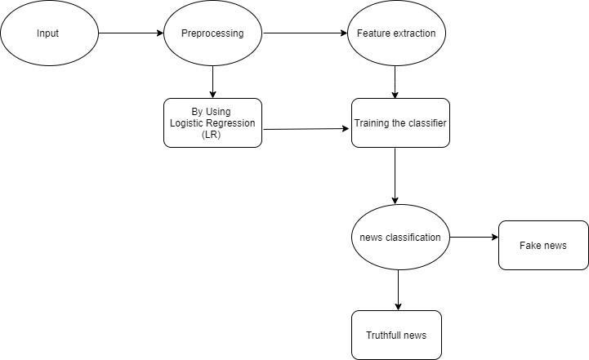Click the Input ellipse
point(50,33)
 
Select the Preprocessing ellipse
point(212,33)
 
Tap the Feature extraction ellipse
point(396,33)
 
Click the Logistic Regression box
point(212,122)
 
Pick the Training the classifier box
point(400,122)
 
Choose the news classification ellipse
point(400,238)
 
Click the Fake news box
point(543,245)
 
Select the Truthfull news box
point(396,335)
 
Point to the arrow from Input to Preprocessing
point(131,33)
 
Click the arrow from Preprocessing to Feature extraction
point(305,33)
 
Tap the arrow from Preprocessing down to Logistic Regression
point(212,82)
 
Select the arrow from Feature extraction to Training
point(395,82)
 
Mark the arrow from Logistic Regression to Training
point(306,129)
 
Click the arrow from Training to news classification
point(395,176)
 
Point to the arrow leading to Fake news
point(474,238)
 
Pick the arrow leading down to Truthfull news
point(398,290)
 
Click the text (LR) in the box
point(211,135)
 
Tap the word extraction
point(414,33)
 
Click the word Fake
point(529,245)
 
